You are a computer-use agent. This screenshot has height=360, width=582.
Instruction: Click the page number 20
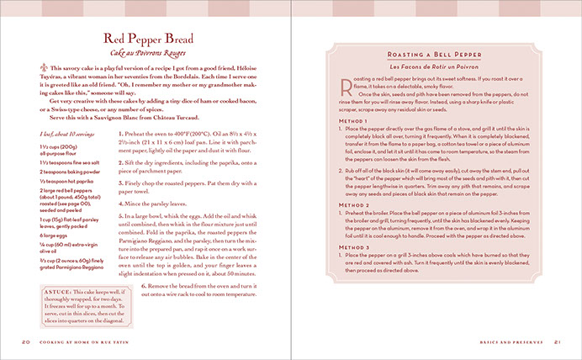pos(27,341)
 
